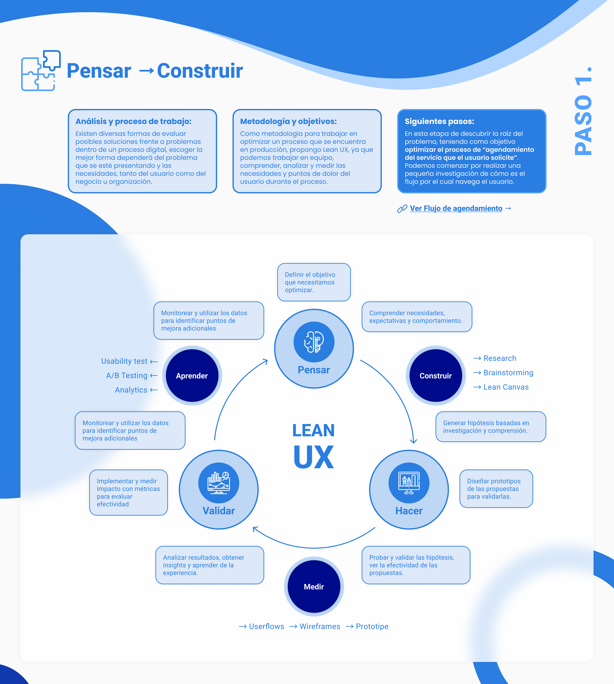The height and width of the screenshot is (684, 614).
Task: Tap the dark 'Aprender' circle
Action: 192,376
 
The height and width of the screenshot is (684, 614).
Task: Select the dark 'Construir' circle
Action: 436,376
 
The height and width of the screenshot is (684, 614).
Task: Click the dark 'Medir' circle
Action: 314,587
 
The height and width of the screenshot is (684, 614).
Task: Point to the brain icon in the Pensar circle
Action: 314,342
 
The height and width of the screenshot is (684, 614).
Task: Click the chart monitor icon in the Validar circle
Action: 219,483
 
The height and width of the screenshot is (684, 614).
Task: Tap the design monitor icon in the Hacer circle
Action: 409,483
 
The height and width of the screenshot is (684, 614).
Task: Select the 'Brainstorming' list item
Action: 508,373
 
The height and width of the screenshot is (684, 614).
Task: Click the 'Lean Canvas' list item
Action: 506,387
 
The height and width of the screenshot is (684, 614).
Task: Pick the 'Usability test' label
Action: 124,361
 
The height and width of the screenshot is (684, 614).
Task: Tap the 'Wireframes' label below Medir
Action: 320,626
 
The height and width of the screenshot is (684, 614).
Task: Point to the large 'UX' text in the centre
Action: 314,457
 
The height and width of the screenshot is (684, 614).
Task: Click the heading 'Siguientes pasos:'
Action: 439,121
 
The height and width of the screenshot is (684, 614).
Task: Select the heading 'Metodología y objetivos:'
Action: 288,121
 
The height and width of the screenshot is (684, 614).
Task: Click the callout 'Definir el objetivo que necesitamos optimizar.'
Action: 314,282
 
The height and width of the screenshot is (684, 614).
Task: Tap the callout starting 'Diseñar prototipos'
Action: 496,489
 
